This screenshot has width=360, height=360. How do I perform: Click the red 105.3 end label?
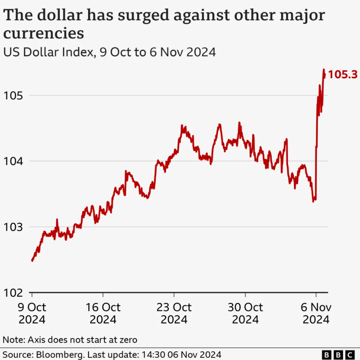pos(342,74)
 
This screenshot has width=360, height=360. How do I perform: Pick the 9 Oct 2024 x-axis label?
pos(32,313)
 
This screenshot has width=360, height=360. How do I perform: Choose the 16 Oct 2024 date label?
pos(103,313)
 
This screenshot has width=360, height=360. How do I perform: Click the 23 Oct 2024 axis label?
pos(174,313)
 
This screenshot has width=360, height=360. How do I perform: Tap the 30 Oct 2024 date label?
pos(245,313)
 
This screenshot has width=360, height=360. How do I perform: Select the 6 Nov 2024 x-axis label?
pos(316,313)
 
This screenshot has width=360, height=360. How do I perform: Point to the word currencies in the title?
pos(44,33)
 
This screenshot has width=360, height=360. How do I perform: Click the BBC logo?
pos(338,354)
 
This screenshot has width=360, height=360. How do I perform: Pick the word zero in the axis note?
pos(127,340)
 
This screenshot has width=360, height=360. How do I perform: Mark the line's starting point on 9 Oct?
pos(32,261)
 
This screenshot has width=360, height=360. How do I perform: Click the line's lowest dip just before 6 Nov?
pos(313,201)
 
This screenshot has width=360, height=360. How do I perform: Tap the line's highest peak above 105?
pos(324,69)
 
